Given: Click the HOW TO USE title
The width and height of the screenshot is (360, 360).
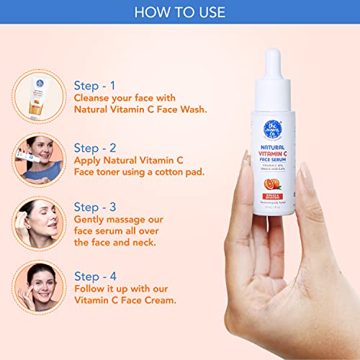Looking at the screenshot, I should (179, 12).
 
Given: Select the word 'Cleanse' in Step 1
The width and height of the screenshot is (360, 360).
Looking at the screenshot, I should (94, 99).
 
